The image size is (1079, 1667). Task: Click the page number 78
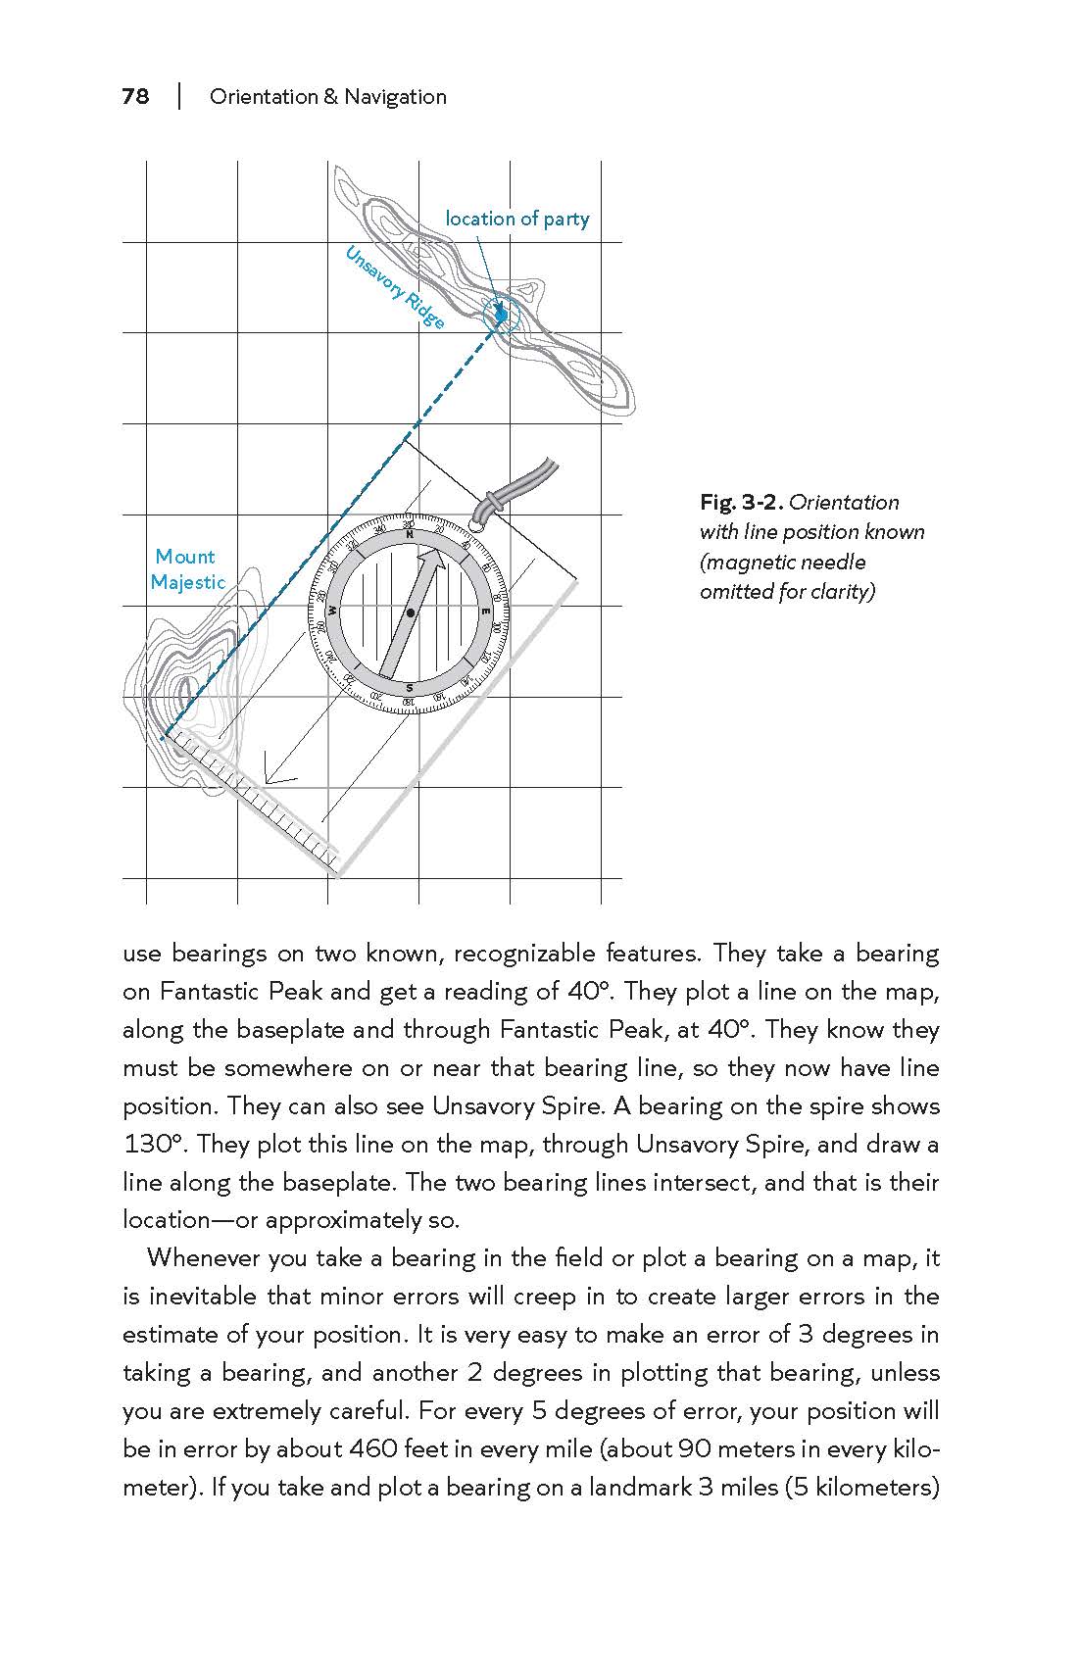point(135,96)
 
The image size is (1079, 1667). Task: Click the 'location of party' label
point(517,219)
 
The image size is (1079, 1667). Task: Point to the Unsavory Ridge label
point(395,287)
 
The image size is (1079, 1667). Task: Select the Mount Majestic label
point(186,569)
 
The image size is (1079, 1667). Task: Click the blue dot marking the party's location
point(501,315)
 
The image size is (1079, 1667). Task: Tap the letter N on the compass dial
point(410,535)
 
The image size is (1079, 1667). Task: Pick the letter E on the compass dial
point(486,612)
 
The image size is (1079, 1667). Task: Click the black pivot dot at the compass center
point(410,613)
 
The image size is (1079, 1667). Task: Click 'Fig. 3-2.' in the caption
point(742,503)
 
